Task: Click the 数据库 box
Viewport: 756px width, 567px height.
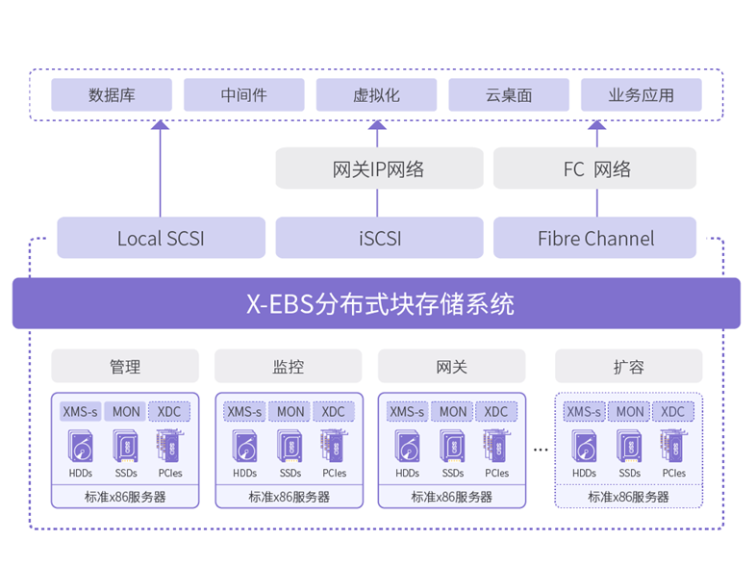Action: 112,95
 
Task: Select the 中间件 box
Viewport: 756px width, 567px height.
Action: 243,95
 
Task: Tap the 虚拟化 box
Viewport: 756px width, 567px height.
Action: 376,95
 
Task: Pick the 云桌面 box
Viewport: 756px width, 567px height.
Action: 509,95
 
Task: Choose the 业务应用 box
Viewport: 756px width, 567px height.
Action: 641,95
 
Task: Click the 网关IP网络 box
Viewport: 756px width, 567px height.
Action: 378,168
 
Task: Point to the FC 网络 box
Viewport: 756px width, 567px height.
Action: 594,168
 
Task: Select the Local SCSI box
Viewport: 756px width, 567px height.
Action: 161,238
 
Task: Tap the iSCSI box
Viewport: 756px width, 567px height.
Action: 378,238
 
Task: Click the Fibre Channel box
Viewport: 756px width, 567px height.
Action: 594,238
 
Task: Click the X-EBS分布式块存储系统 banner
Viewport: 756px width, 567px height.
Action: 376,304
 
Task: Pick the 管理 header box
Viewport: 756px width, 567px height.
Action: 125,367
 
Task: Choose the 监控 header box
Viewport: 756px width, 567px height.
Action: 289,367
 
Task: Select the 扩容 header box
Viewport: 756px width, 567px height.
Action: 629,367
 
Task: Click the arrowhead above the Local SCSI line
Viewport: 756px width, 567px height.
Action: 161,125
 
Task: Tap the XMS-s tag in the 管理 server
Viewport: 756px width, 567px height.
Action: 81,411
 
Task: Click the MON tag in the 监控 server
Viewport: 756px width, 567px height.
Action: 290,411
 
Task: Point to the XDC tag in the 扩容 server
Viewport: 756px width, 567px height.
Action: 673,411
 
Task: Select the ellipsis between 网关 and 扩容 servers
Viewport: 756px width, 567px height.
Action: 540,449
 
